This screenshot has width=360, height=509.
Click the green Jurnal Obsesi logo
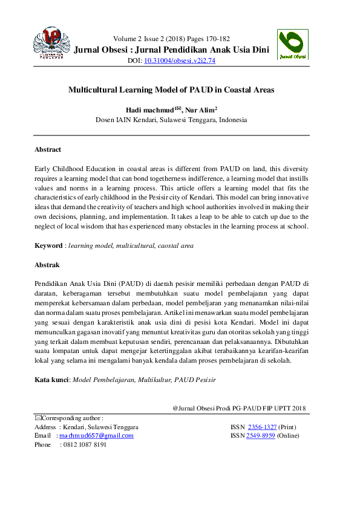pos(292,45)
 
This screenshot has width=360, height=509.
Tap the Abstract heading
pos(48,149)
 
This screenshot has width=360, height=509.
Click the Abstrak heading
pos(47,265)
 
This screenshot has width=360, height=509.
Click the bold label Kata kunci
pos(51,380)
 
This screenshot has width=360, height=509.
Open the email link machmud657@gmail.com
pos(97,435)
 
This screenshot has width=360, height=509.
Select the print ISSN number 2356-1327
pos(262,427)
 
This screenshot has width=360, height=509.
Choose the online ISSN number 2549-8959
pos(260,435)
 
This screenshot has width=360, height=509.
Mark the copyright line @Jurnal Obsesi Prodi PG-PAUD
pos(239,408)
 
